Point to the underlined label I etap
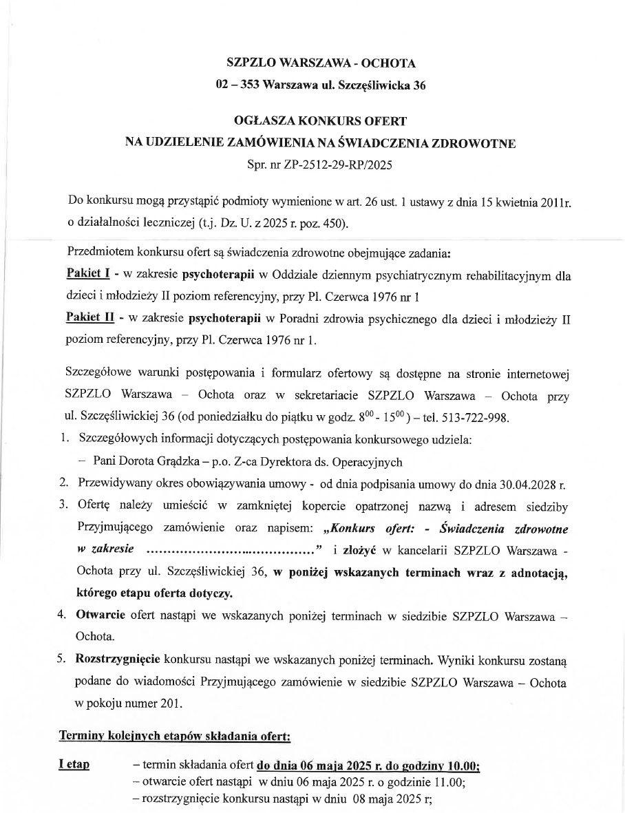(76, 766)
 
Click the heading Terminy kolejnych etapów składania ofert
(176, 736)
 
